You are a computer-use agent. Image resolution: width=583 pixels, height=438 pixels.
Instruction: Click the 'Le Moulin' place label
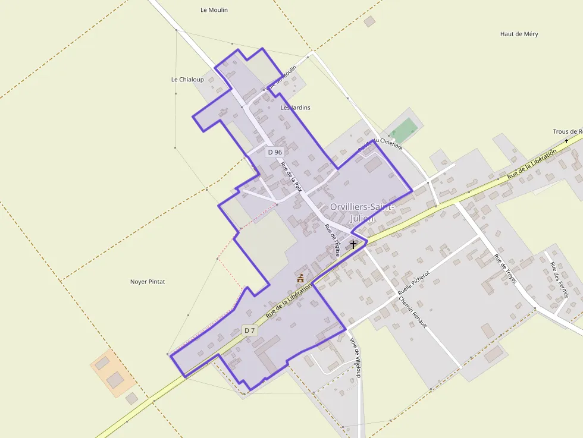[214, 10]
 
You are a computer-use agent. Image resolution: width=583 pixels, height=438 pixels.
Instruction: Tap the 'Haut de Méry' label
[519, 34]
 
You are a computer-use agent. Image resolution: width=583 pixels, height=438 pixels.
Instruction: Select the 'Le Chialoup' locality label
[187, 80]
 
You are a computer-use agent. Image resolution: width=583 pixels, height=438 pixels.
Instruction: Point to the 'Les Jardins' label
[295, 108]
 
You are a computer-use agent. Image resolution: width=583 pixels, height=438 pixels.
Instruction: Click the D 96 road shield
[275, 152]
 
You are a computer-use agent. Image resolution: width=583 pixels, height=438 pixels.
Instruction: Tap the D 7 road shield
[250, 330]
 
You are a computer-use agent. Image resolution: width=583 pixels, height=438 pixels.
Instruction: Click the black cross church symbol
[353, 244]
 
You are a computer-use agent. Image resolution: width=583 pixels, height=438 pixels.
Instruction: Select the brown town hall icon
[300, 278]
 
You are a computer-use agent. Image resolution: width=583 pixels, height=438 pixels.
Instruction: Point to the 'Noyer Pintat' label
[148, 282]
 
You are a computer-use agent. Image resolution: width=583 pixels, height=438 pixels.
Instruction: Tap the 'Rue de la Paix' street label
[291, 178]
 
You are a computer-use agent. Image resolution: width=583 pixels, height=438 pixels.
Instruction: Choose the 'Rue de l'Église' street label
[332, 240]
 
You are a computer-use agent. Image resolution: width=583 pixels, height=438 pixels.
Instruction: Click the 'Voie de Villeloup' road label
[356, 358]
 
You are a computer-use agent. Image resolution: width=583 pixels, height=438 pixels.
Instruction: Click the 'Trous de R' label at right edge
[567, 132]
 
